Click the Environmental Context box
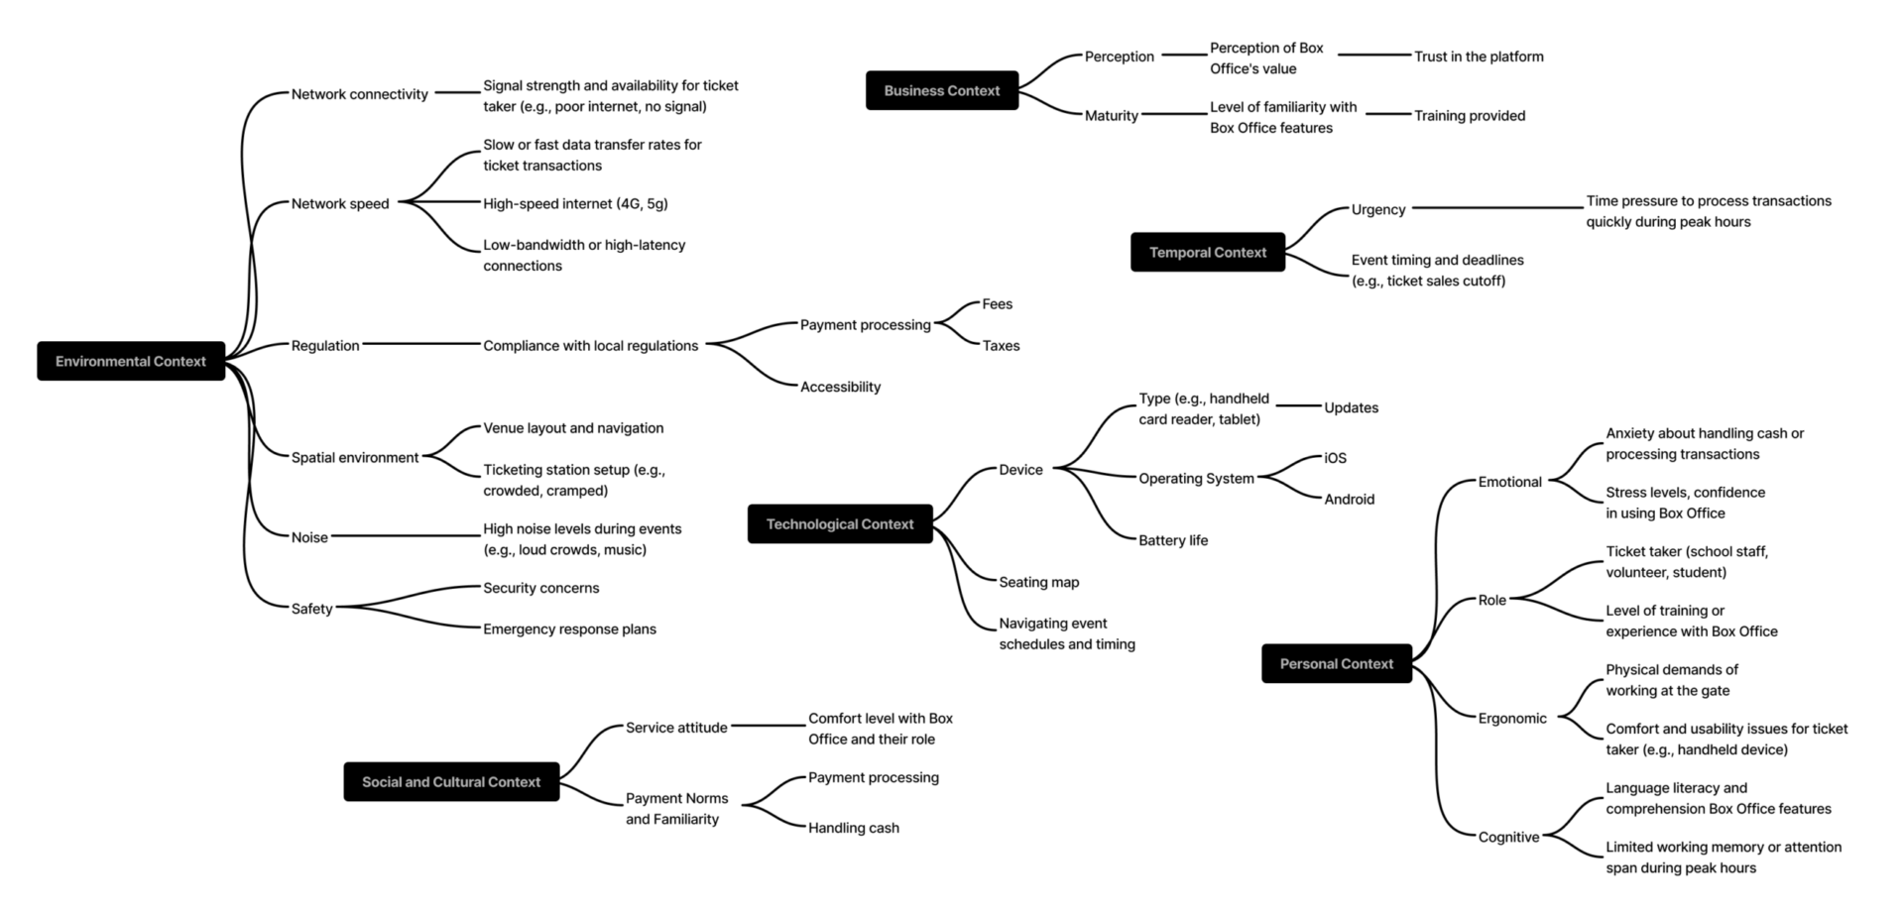(131, 361)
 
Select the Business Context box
(941, 90)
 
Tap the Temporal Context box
(1207, 252)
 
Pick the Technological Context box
(839, 523)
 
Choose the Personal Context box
(1336, 663)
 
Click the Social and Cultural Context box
(451, 781)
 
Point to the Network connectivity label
(359, 94)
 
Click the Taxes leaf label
(1001, 345)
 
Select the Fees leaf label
(997, 304)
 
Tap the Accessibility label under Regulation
(840, 387)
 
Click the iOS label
(1335, 458)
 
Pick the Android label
(1349, 499)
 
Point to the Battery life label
(1172, 540)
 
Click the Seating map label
(1038, 582)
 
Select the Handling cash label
(853, 828)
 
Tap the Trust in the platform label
(1478, 57)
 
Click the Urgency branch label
(1377, 209)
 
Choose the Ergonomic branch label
(1511, 718)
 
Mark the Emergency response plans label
(569, 629)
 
